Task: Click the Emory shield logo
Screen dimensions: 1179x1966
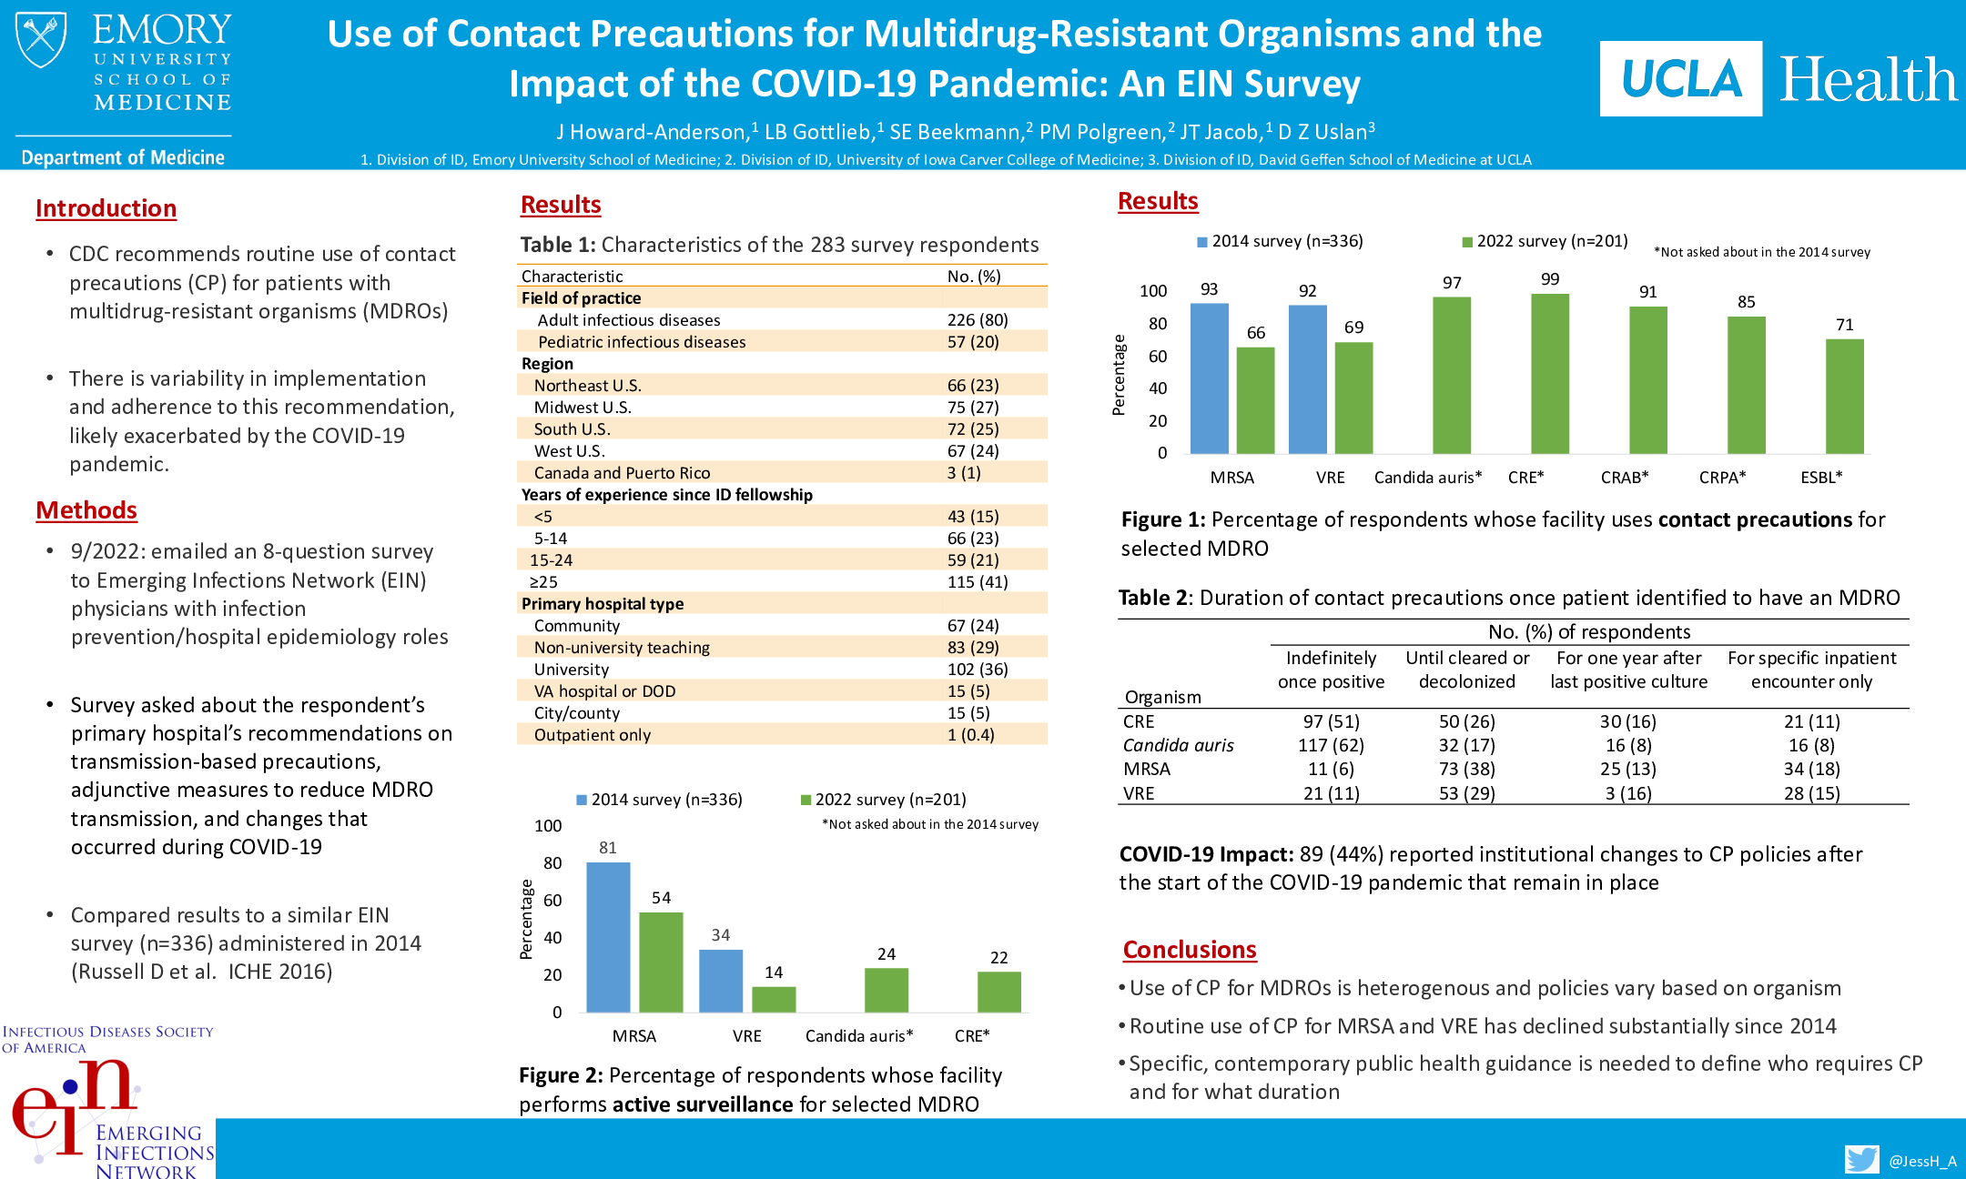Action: tap(41, 40)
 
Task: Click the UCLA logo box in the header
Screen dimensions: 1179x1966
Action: tap(1680, 79)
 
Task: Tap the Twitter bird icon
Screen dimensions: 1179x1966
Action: tap(1861, 1159)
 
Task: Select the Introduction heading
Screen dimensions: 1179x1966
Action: tap(106, 208)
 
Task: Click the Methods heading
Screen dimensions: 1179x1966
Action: tap(86, 510)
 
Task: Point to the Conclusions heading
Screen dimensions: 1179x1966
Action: tap(1189, 950)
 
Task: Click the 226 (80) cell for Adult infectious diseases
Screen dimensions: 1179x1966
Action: tap(977, 320)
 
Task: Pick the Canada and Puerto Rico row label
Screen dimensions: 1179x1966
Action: tap(622, 473)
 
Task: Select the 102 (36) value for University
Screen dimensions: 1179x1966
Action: tap(977, 670)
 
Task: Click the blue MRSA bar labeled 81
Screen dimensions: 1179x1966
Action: tap(608, 937)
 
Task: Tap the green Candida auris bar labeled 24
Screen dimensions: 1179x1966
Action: tap(887, 990)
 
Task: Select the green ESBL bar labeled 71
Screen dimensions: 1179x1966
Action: tap(1844, 397)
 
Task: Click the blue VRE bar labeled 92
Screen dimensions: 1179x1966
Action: tap(1307, 379)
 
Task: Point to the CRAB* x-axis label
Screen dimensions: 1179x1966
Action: tap(1625, 478)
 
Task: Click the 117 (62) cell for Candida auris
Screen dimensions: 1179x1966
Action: tap(1331, 745)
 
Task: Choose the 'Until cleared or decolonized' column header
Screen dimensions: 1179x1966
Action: tap(1467, 670)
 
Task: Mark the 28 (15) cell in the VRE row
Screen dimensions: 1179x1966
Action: tap(1811, 793)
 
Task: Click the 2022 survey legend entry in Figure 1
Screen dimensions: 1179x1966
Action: tap(1545, 241)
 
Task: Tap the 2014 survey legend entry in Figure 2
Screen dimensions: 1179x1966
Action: tap(660, 800)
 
